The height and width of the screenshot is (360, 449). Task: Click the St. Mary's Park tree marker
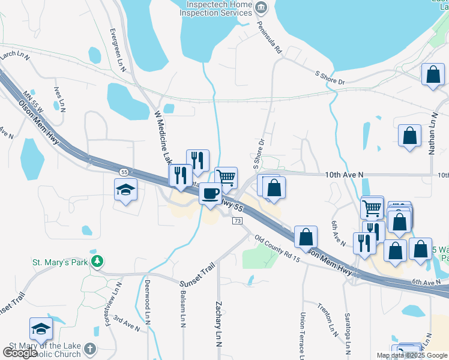coord(96,262)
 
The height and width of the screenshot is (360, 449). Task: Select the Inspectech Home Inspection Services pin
coord(261,8)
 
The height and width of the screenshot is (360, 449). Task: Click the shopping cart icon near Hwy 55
coord(226,177)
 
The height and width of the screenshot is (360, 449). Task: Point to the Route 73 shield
coord(238,221)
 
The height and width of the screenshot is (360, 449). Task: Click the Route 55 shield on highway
coord(122,172)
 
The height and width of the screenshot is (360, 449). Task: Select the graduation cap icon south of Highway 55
coord(126,190)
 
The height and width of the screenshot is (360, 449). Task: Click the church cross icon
coord(90,349)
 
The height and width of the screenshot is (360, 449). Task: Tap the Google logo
coord(20,353)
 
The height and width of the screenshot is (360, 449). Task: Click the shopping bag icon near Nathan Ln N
coord(409,136)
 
